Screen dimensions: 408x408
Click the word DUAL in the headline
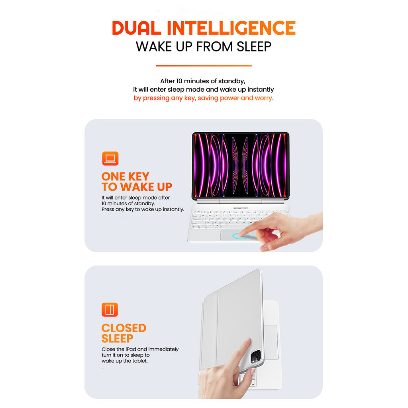136,28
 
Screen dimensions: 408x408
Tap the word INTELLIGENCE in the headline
231,28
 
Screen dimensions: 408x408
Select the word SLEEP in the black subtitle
254,47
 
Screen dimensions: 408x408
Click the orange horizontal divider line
204,66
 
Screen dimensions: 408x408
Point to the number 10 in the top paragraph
179,81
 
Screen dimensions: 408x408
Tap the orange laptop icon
110,159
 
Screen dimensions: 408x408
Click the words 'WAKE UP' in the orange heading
146,187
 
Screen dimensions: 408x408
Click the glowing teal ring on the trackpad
241,236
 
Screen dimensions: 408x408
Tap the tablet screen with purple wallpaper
240,165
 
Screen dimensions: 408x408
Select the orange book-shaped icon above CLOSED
110,310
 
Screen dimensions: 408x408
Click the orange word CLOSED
124,328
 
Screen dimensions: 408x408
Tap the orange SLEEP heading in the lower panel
118,339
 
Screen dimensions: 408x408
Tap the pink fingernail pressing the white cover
248,339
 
